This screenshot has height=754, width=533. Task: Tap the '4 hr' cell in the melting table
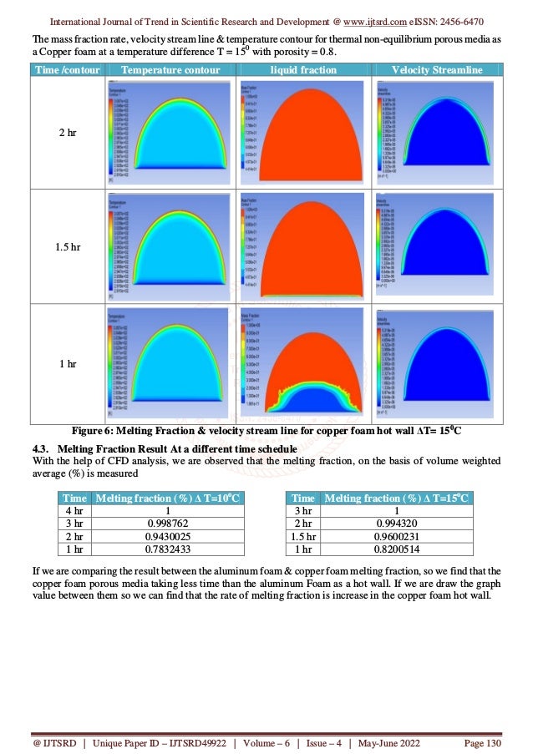(74, 511)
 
